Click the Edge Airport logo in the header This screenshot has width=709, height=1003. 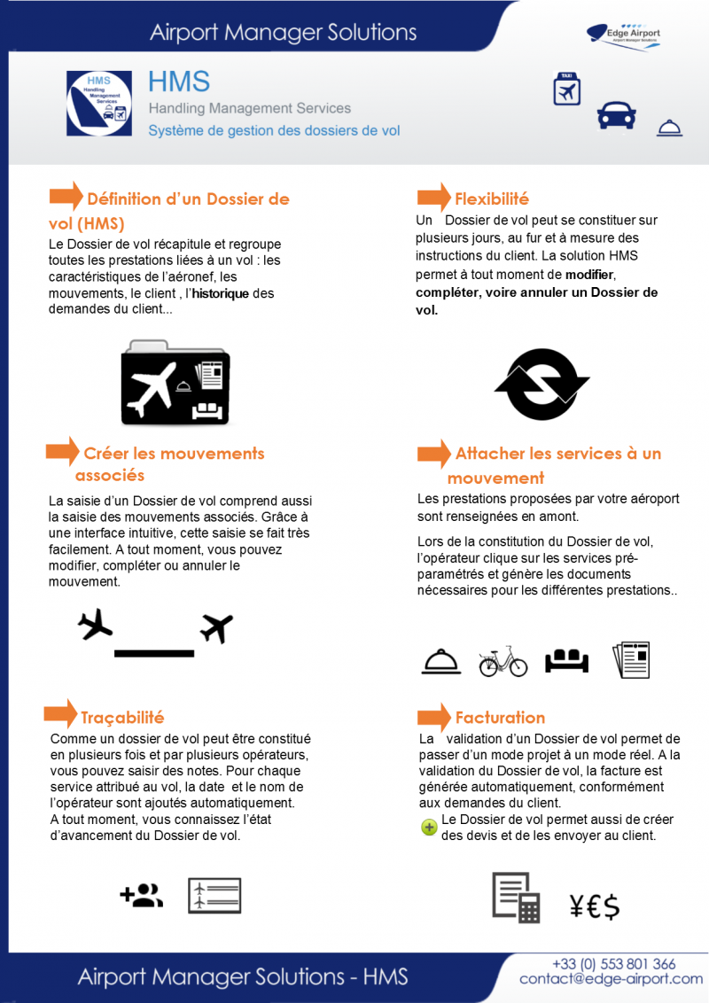624,35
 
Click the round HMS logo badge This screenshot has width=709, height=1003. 99,104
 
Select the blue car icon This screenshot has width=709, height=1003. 616,115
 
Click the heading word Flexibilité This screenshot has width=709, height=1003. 492,198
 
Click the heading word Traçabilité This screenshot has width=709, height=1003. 122,717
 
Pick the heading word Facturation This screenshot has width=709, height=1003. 500,718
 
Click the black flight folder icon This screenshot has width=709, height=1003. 175,381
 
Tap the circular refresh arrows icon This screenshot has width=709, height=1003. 541,384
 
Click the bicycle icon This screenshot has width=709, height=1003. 503,660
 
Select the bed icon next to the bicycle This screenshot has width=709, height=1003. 567,660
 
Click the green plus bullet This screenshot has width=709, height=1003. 429,827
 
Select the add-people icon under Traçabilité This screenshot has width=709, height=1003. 141,896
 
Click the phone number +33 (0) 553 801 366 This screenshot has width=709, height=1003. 613,963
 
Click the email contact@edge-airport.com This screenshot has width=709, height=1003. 611,979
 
